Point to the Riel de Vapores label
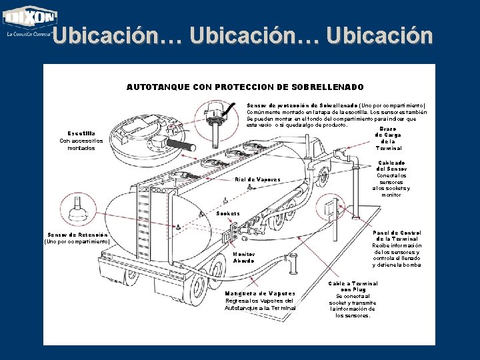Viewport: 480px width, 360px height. point(258,179)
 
